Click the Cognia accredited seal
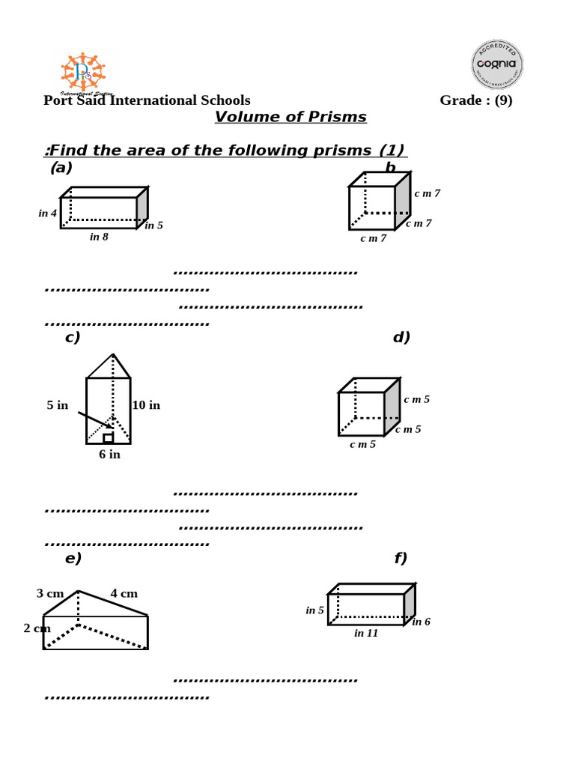pos(496,64)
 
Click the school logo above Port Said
pos(82,73)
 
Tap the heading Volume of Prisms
pos(290,118)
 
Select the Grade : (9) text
pos(475,100)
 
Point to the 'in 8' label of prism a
pos(99,237)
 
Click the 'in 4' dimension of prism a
pos(48,213)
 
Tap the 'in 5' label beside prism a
pos(153,225)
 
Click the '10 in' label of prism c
pos(146,406)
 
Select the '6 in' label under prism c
pos(109,455)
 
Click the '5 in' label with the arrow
pos(58,406)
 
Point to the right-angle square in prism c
pos(109,438)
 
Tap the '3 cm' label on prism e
pos(50,594)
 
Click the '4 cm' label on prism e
pos(124,594)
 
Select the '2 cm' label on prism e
pos(37,628)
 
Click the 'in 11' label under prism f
pos(366,634)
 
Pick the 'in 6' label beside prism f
pos(421,622)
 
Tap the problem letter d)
pos(401,338)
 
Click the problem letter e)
pos(73,559)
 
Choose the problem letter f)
pos(401,559)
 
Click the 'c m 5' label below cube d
pos(363,445)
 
